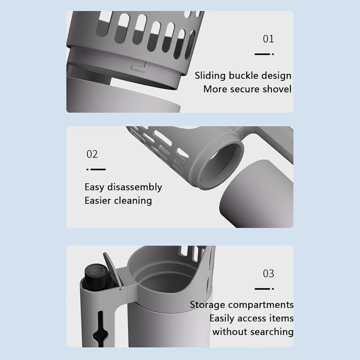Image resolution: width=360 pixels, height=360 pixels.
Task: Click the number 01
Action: tap(268, 39)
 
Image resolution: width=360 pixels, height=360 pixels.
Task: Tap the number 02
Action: tap(92, 154)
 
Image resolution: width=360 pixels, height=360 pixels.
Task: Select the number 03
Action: tap(268, 274)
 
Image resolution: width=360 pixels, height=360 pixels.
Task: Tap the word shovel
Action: tap(277, 89)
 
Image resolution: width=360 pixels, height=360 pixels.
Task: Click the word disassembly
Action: tap(135, 187)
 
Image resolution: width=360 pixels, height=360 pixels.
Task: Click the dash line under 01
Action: tap(264, 54)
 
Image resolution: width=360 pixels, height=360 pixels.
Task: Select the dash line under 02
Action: tap(96, 170)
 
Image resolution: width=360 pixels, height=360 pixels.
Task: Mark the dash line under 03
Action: tap(264, 289)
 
